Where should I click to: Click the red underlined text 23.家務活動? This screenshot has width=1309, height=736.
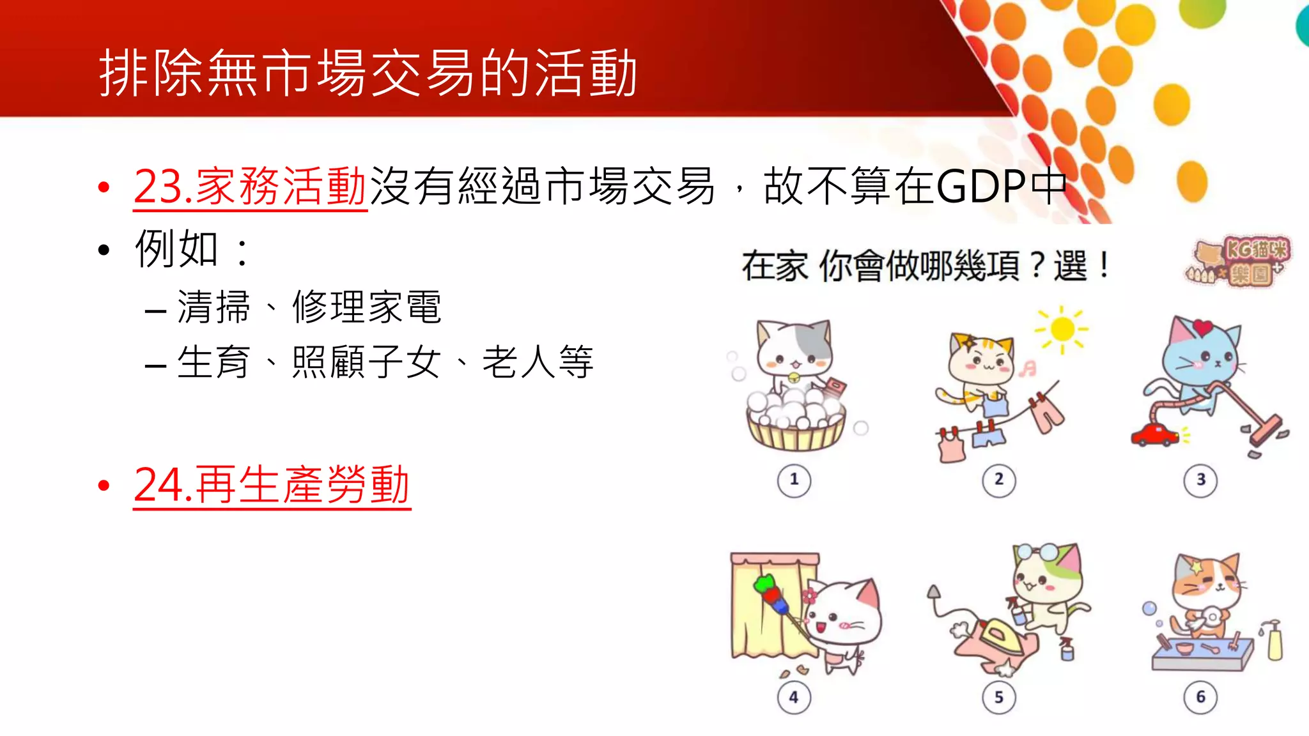[249, 187]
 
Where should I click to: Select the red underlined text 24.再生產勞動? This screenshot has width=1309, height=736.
[272, 485]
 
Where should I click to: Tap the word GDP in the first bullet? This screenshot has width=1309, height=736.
[981, 187]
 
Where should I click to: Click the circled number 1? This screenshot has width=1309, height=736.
[794, 480]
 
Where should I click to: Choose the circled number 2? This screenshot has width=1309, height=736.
[998, 480]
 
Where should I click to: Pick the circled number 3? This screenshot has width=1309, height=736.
[1200, 480]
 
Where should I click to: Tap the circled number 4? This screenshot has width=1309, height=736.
[794, 698]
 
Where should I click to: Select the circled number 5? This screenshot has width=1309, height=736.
[998, 698]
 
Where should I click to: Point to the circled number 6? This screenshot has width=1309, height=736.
[1200, 698]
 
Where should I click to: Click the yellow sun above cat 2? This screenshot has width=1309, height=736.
[1062, 329]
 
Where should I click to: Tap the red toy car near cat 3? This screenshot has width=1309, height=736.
[1154, 435]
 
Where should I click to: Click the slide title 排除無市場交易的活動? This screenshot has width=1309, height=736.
[368, 73]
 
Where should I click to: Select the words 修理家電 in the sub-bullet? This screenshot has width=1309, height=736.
[367, 307]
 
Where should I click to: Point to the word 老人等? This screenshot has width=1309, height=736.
[538, 362]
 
